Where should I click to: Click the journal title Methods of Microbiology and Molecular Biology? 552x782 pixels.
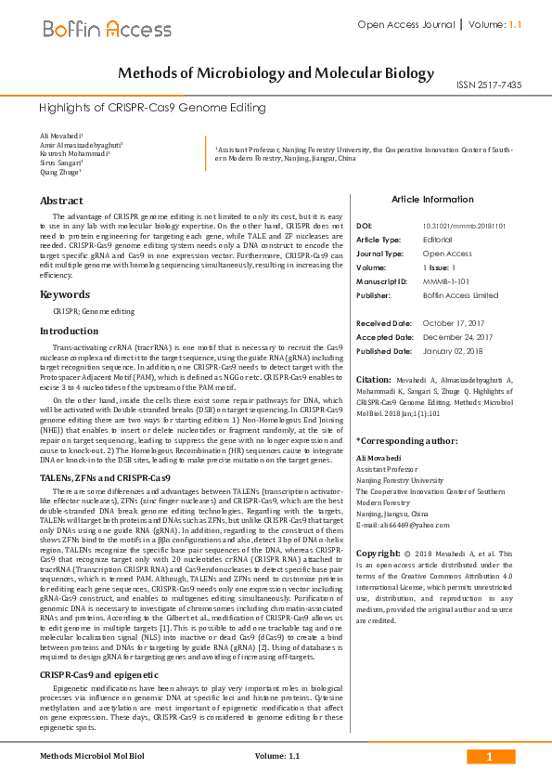[276, 73]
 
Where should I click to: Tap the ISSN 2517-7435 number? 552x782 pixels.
[489, 85]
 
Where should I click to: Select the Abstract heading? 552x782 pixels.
[61, 201]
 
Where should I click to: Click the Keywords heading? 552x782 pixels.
[64, 294]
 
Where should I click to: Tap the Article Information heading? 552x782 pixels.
[432, 199]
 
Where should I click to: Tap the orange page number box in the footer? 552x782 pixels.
[489, 757]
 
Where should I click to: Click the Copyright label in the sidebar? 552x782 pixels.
[378, 553]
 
